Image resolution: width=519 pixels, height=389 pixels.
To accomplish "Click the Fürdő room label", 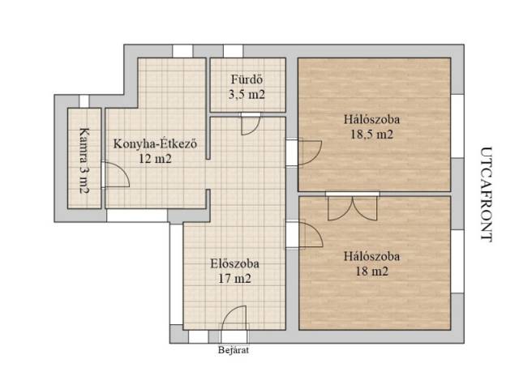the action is pos(247,79).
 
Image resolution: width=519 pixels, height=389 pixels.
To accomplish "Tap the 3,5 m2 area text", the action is pos(247,95).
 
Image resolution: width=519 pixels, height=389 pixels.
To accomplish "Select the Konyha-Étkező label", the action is pos(155,144).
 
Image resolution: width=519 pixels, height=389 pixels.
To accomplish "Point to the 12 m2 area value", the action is pos(155,159).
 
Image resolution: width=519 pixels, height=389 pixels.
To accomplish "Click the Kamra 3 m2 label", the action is pos(84,160).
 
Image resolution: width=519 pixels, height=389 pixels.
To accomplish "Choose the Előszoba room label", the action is pos(234,263).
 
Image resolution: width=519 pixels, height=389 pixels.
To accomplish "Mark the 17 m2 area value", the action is pos(234,279).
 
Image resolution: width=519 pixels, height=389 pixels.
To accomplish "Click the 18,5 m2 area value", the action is pos(371,135).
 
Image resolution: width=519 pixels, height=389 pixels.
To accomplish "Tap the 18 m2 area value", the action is pos(371,271).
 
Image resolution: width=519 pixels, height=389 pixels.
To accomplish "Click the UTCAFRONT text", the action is pos(486,194).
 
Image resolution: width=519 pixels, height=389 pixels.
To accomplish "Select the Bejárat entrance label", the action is pos(234,350).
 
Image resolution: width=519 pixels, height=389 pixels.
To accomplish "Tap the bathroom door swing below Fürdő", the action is pos(251,126).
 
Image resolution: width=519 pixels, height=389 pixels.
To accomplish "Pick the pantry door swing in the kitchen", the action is pos(117,175).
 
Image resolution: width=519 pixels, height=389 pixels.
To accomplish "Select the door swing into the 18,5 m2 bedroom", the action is pos(310,152).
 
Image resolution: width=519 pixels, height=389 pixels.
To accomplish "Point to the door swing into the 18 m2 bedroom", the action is pos(311,234).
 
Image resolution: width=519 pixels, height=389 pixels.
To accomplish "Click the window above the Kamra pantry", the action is pos(84,101).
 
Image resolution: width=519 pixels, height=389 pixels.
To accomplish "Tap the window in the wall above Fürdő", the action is pos(233,51).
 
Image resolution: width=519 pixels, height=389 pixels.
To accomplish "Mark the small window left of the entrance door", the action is pos(198,337).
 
